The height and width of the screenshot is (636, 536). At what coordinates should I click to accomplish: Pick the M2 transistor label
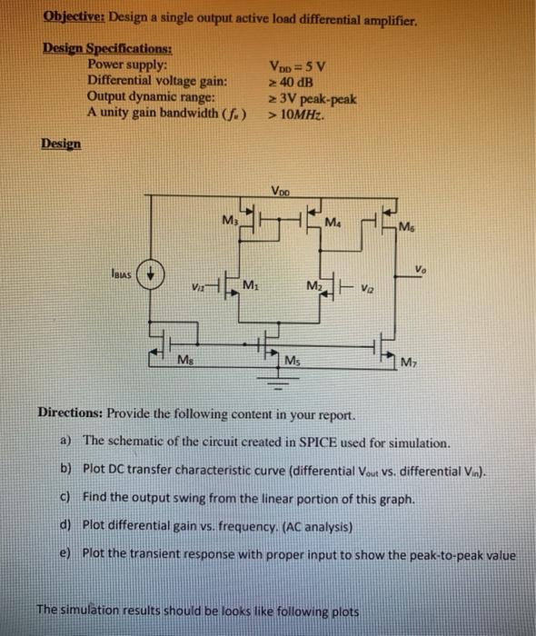(x=313, y=287)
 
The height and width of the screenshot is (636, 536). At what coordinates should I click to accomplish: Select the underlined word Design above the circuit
(x=60, y=144)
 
